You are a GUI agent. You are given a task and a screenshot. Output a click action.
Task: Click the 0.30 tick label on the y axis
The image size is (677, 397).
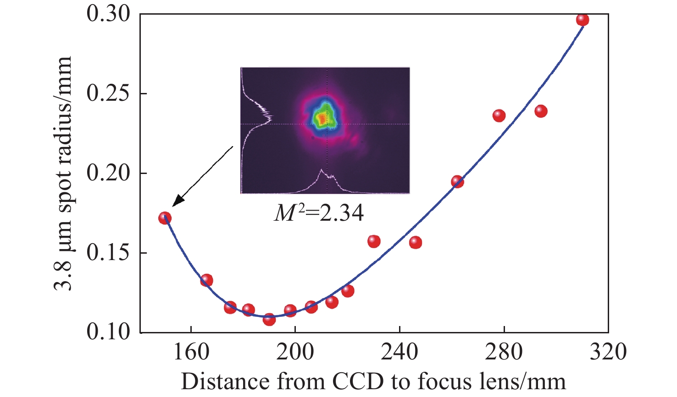[108, 15]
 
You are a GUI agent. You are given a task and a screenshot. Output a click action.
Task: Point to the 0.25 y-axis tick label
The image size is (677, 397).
[108, 94]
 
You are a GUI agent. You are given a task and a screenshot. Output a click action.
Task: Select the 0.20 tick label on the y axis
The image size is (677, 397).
[108, 174]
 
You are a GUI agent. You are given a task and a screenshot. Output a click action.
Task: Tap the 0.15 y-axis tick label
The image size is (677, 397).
[108, 253]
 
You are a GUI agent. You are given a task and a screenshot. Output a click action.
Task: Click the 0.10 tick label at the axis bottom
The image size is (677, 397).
[108, 332]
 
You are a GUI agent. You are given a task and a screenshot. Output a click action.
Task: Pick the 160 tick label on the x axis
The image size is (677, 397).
[191, 352]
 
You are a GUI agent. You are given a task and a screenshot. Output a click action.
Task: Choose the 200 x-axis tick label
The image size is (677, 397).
[295, 352]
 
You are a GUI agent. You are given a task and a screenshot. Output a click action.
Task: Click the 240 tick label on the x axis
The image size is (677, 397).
[400, 352]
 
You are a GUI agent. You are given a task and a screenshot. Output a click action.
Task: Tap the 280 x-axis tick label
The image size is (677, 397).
[504, 352]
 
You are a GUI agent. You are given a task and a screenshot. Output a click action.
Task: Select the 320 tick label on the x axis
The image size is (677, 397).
[608, 352]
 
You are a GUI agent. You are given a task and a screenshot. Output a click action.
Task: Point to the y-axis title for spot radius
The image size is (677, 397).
[63, 174]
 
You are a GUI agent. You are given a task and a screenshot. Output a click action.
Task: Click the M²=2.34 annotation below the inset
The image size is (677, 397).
[319, 213]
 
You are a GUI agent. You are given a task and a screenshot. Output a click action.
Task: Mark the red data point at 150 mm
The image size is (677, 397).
[165, 218]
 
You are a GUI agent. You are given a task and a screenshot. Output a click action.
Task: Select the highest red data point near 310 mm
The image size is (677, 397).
[583, 20]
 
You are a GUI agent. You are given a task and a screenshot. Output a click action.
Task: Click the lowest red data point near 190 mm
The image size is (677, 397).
[269, 319]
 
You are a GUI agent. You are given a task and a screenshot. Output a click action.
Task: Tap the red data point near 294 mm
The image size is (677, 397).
[541, 111]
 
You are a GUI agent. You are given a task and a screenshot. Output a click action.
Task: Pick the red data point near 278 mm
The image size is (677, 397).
[499, 116]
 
